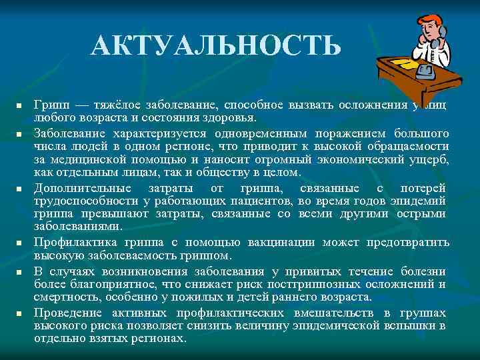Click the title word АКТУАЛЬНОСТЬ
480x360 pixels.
[x=217, y=45]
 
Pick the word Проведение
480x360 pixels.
[x=69, y=313]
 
